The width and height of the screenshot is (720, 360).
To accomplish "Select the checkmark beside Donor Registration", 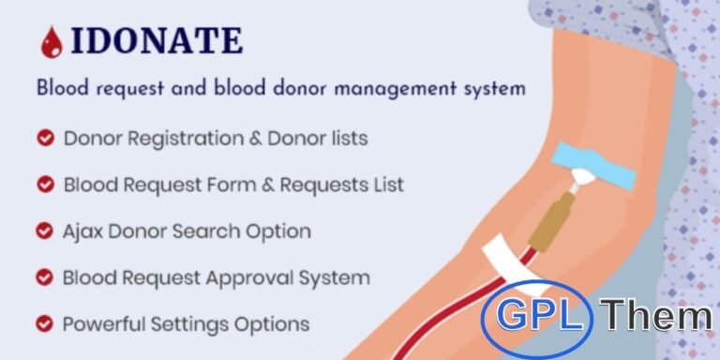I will coord(44,139).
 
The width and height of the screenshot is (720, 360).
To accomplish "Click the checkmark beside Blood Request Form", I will coord(44,185).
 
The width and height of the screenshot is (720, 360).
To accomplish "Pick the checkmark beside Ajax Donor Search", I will coord(44,231).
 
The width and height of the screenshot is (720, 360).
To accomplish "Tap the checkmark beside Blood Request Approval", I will coord(44,277).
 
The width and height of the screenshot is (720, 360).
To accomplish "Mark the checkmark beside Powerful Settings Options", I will coord(44,324).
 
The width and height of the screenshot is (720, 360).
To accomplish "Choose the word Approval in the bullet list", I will coord(262,277).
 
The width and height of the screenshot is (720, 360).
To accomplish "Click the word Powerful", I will coord(101,324).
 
